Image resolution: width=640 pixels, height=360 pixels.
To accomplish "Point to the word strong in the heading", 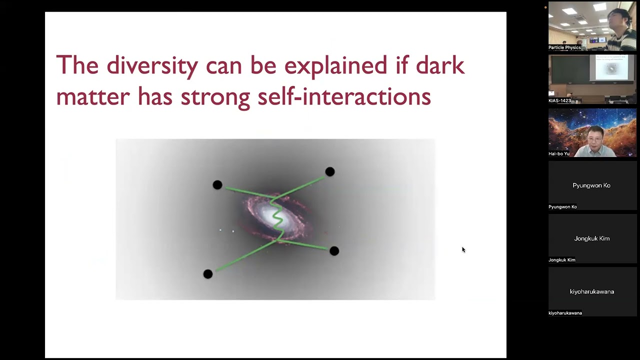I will [x=215, y=96].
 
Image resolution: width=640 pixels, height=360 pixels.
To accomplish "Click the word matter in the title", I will [x=93, y=96].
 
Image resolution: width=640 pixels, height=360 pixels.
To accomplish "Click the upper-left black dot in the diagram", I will [x=217, y=185].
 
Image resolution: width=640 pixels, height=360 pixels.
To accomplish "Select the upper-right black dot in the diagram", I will [x=329, y=172].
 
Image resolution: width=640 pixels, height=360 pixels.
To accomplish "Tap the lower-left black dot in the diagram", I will [x=208, y=274].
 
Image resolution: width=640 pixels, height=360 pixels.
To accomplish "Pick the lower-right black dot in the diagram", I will [x=334, y=251].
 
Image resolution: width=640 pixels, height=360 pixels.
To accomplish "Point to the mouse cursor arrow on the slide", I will [x=463, y=249].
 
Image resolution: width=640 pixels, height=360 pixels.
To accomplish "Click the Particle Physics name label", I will [x=564, y=47].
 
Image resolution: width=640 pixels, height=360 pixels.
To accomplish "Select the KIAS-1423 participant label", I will [x=559, y=100].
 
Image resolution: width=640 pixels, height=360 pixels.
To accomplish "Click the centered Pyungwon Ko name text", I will [x=591, y=185].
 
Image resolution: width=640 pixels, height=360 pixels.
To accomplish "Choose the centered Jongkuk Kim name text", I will [x=592, y=238].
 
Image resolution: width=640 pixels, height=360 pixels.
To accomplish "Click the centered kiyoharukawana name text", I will [x=592, y=291].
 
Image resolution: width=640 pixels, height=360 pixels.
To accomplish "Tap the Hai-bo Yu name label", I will [x=559, y=153].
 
